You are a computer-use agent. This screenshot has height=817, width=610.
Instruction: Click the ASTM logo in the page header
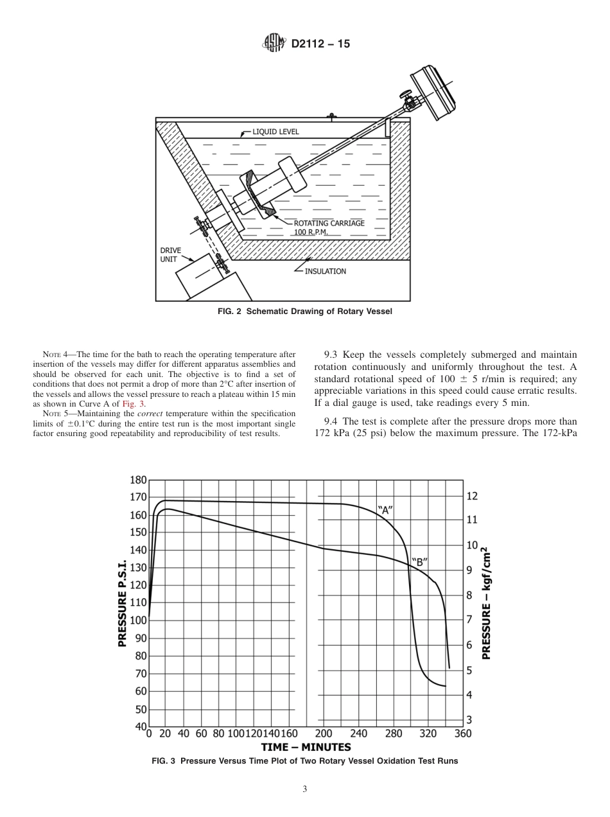click(274, 44)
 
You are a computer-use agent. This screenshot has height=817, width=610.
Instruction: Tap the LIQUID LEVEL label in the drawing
click(275, 132)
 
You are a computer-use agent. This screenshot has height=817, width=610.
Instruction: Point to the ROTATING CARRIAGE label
click(329, 224)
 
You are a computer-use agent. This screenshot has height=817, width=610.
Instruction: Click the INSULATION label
click(325, 271)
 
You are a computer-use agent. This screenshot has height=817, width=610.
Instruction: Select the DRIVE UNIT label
click(170, 255)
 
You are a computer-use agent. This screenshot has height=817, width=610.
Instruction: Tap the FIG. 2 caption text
click(305, 312)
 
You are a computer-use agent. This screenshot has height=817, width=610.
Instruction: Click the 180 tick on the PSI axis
click(138, 480)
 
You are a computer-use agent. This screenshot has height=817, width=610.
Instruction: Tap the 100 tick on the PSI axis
click(138, 620)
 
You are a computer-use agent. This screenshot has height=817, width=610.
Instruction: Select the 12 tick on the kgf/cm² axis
click(472, 496)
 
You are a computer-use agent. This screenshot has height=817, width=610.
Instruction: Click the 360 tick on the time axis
click(463, 734)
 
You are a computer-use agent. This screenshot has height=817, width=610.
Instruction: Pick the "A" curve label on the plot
click(385, 511)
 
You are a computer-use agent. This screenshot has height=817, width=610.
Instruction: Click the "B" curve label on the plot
click(419, 561)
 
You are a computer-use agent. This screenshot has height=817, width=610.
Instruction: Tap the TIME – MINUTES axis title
click(306, 747)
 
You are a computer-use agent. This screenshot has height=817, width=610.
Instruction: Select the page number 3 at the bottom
click(305, 789)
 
